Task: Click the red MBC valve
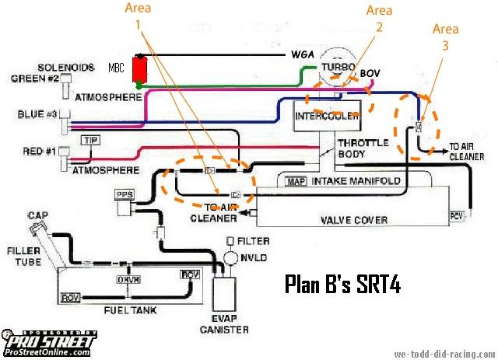click(x=141, y=71)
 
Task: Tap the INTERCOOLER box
click(x=328, y=117)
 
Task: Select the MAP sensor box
click(x=295, y=181)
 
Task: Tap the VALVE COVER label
click(x=355, y=220)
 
